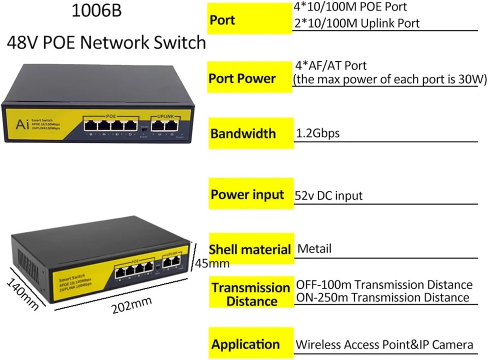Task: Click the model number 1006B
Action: (x=96, y=11)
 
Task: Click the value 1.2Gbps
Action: (x=318, y=133)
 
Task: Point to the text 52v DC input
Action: (x=328, y=196)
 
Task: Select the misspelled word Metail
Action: (x=314, y=249)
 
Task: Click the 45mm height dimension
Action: (x=212, y=263)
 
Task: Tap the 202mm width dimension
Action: (x=132, y=305)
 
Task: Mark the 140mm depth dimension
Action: (x=22, y=294)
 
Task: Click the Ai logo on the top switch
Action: (x=22, y=125)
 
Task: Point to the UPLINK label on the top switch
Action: (x=165, y=116)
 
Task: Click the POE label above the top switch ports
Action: (x=111, y=116)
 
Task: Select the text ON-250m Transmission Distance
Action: (x=382, y=298)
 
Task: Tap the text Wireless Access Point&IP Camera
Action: (x=384, y=345)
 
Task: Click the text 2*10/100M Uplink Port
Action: (x=357, y=23)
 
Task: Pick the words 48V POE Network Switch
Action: (x=106, y=43)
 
